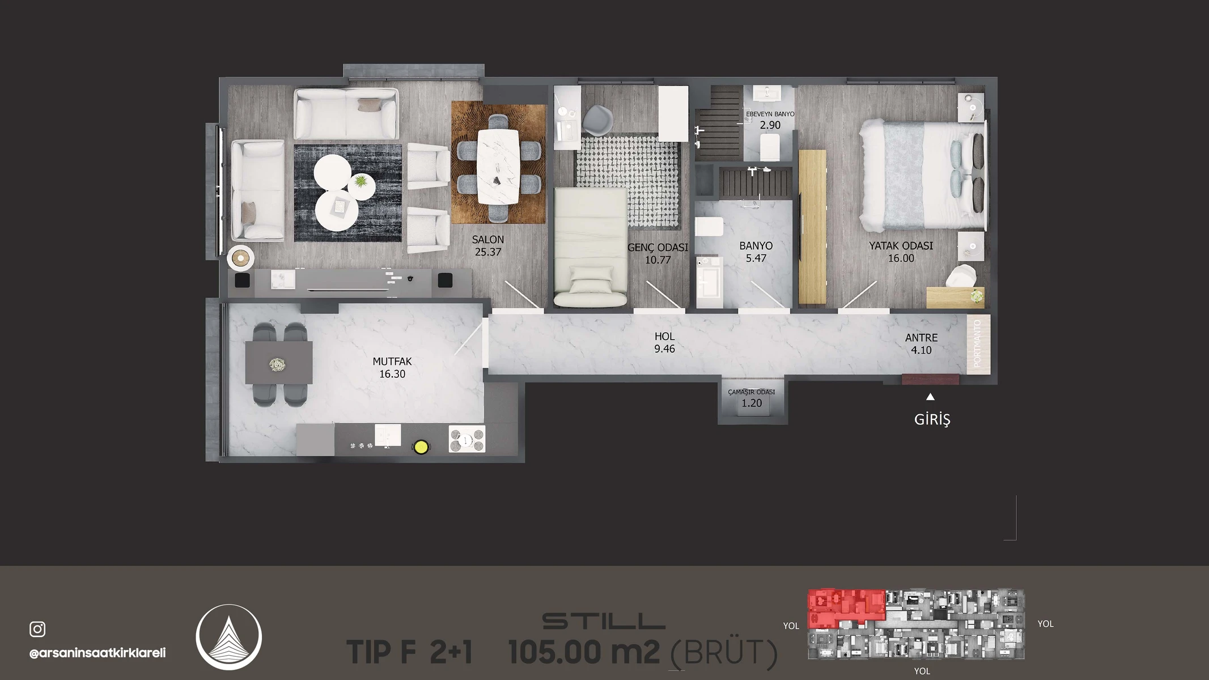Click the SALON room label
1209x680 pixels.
tap(488, 240)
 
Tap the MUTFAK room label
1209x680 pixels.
tap(392, 362)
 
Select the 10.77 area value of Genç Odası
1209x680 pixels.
tap(657, 260)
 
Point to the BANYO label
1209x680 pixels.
tap(756, 246)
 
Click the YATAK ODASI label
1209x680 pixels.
tap(901, 246)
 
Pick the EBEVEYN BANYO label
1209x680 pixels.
tap(770, 114)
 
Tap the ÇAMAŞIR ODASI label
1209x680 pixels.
tap(752, 392)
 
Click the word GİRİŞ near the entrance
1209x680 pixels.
tap(932, 419)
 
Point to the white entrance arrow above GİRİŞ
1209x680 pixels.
tap(930, 397)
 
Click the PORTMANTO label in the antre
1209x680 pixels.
tap(977, 344)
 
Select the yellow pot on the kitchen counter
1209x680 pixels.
tap(421, 447)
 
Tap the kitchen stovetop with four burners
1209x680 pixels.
tap(467, 439)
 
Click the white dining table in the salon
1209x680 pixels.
tap(498, 167)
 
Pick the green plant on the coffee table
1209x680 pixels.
tap(360, 182)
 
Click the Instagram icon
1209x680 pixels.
tap(37, 629)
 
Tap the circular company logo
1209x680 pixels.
tap(229, 637)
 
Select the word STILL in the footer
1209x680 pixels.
tap(604, 621)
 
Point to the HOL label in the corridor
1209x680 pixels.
tap(665, 337)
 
